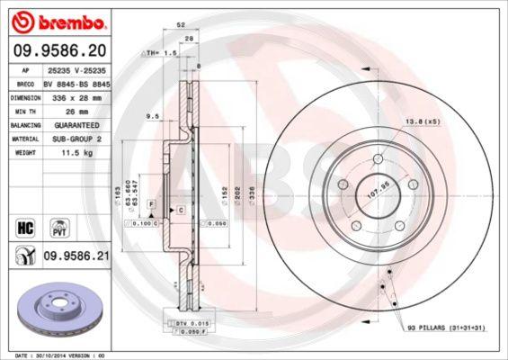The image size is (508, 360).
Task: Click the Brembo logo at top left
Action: pyautogui.click(x=56, y=20)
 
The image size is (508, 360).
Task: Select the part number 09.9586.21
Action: pyautogui.click(x=77, y=256)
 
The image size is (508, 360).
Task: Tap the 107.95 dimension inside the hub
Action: pyautogui.click(x=378, y=192)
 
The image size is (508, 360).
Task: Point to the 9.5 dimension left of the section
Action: pyautogui.click(x=154, y=116)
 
